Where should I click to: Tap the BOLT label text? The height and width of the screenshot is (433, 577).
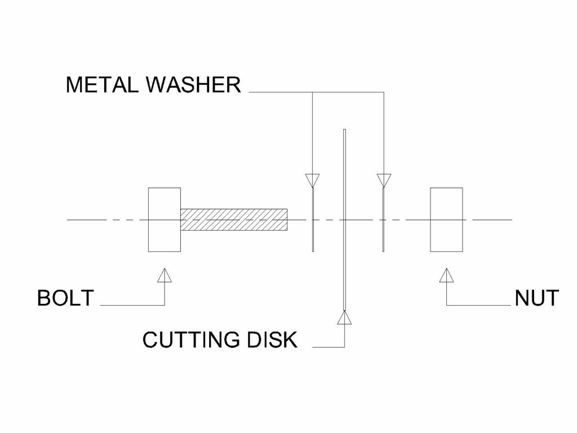[x=65, y=298]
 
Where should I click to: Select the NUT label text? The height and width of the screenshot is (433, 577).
[x=536, y=298]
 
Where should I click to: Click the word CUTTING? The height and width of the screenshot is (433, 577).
[x=188, y=340]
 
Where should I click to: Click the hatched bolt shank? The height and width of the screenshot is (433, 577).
[x=233, y=219]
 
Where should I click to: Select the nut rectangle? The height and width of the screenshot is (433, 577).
[x=446, y=219]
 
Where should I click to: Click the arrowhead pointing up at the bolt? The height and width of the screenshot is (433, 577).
[x=164, y=275]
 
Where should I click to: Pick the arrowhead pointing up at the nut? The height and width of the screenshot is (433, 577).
[x=446, y=275]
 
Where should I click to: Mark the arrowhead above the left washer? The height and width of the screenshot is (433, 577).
[x=312, y=180]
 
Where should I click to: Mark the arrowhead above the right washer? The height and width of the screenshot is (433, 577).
[x=383, y=180]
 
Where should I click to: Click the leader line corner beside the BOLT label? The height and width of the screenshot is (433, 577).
[x=164, y=305]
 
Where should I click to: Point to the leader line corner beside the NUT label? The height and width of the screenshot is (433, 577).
[x=446, y=305]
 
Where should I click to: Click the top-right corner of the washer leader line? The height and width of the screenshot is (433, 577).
[x=383, y=91]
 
